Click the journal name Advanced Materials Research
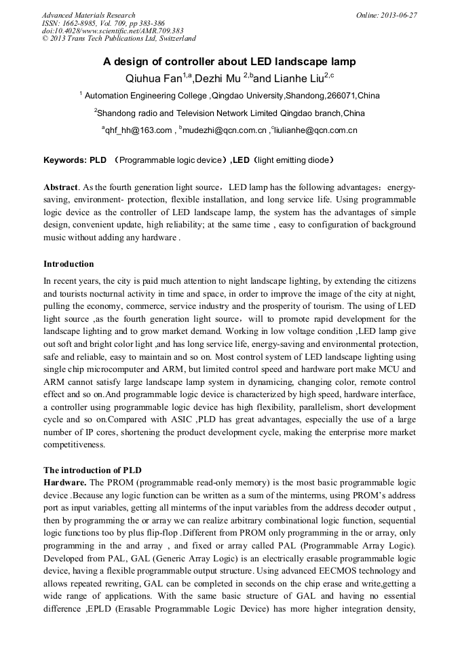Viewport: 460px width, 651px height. (88, 15)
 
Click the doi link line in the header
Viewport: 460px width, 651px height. (113, 31)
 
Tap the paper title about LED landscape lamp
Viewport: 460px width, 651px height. (229, 61)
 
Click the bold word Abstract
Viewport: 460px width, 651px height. (60, 187)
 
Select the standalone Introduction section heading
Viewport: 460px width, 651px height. (69, 263)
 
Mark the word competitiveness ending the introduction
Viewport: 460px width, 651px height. (75, 445)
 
